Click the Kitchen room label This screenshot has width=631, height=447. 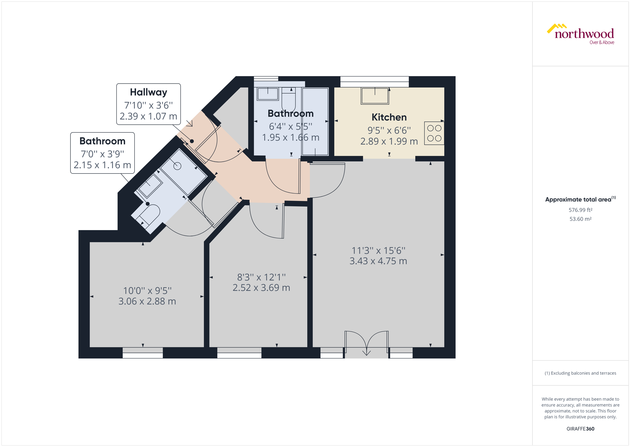[389, 117]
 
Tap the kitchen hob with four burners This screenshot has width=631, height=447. [434, 133]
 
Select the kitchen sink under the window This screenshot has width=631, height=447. [375, 96]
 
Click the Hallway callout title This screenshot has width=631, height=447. [148, 92]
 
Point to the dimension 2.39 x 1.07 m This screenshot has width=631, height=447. [148, 116]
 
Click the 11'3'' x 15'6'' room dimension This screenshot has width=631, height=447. [378, 250]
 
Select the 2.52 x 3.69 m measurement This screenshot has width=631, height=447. [261, 288]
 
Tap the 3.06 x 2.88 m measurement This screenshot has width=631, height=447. [147, 301]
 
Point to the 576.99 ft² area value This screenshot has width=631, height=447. [580, 210]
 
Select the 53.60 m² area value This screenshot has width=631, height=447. [580, 219]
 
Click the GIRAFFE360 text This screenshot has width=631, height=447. [580, 429]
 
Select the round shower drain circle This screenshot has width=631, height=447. [177, 166]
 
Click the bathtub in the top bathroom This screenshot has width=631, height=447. [315, 121]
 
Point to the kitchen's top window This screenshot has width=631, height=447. [374, 79]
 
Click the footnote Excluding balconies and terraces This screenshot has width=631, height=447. [580, 373]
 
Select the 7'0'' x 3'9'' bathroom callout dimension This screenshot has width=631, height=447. [102, 154]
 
